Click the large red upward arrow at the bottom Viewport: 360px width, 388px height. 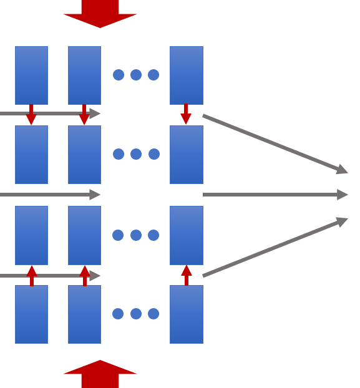[x=100, y=374]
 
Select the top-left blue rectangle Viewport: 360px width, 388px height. [x=31, y=75]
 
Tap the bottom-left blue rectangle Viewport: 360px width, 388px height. [x=31, y=314]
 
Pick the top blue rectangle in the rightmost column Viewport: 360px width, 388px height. [x=186, y=75]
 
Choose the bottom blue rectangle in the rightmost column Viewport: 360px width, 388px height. [x=186, y=314]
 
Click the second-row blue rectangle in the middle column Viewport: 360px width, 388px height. [x=84, y=155]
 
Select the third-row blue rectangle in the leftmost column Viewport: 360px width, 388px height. [x=31, y=235]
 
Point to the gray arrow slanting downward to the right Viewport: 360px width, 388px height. [x=275, y=143]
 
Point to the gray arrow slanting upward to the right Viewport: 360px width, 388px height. [x=275, y=247]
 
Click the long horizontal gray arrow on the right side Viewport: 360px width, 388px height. [x=275, y=195]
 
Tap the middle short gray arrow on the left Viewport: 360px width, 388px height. [x=50, y=195]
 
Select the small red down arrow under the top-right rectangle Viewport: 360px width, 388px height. [x=186, y=115]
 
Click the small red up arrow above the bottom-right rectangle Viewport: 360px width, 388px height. [x=186, y=275]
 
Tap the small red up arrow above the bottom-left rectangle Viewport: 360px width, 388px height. [x=31, y=275]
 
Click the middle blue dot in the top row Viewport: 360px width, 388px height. [x=136, y=75]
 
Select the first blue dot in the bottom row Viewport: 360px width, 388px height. [x=118, y=314]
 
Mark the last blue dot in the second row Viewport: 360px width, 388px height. [x=154, y=154]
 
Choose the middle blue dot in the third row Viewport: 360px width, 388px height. [x=136, y=235]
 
